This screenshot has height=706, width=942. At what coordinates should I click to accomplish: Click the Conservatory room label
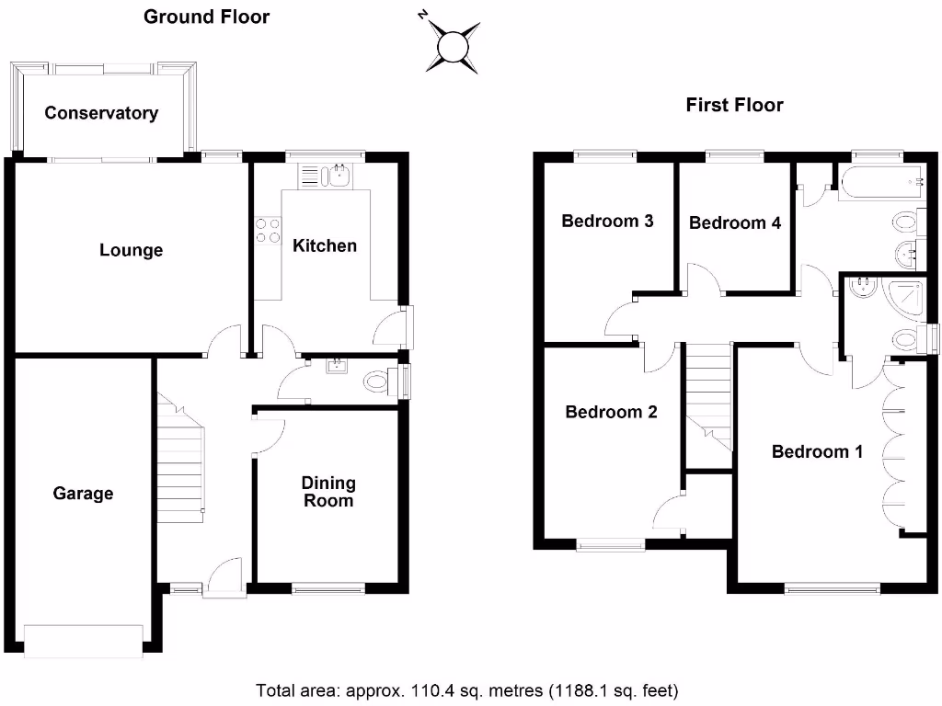point(101,113)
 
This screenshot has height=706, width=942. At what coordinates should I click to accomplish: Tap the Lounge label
point(131,250)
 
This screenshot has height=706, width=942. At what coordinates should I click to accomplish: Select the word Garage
point(83,494)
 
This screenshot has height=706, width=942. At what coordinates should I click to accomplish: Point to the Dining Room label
point(328,492)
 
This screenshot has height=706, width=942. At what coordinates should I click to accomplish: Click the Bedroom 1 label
point(817,451)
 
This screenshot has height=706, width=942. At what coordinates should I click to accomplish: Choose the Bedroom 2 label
point(611,412)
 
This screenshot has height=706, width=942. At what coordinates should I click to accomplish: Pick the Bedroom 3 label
point(607,221)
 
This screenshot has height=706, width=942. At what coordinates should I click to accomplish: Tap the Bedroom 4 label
point(735,222)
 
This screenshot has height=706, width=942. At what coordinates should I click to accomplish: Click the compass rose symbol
point(452,46)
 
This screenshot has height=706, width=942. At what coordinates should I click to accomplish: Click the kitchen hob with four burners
point(268,231)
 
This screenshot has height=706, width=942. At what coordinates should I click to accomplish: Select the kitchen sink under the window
point(325,176)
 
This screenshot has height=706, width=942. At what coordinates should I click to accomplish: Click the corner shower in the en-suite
point(905,297)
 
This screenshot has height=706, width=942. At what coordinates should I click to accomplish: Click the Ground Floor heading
point(207,17)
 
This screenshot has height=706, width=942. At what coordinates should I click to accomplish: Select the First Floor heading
point(735,105)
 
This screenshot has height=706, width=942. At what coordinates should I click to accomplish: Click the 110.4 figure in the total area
point(431,691)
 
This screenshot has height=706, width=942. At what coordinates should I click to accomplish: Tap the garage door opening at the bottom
point(84,641)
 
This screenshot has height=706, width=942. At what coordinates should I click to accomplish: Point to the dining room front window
point(328,589)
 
